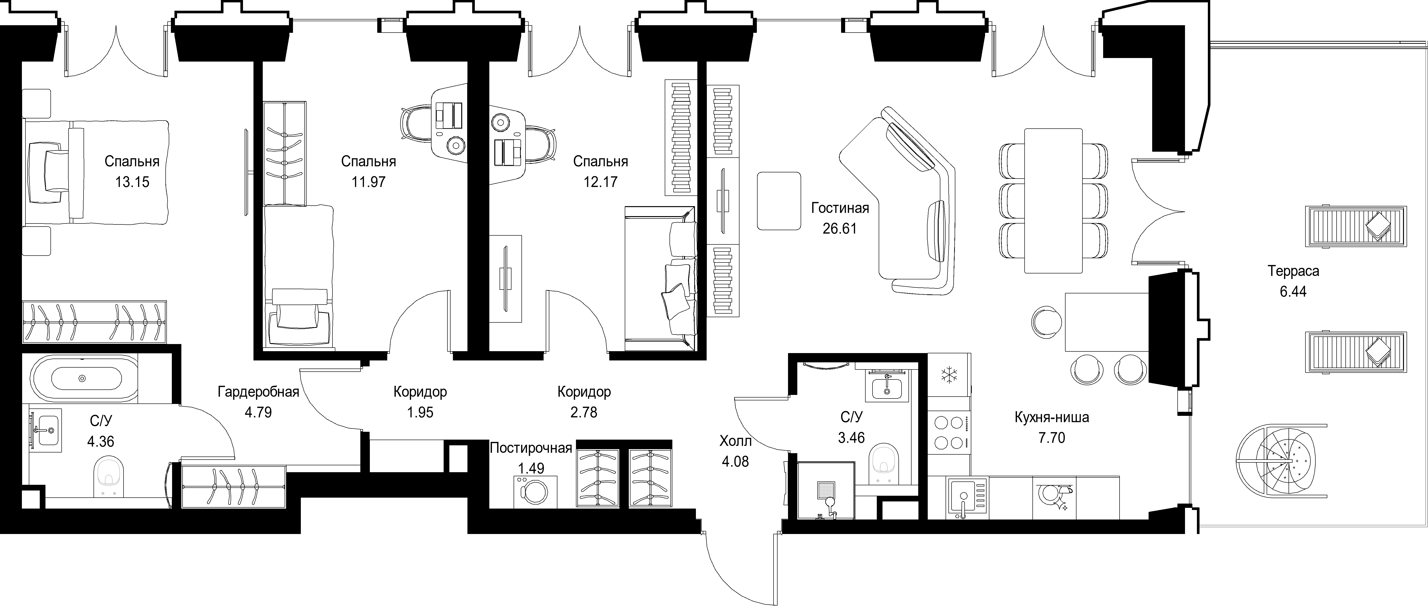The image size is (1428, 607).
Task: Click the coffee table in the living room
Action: [x=779, y=200]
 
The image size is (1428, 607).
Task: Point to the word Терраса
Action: [x=1293, y=271]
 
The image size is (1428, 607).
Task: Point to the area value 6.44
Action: [x=1293, y=292]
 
